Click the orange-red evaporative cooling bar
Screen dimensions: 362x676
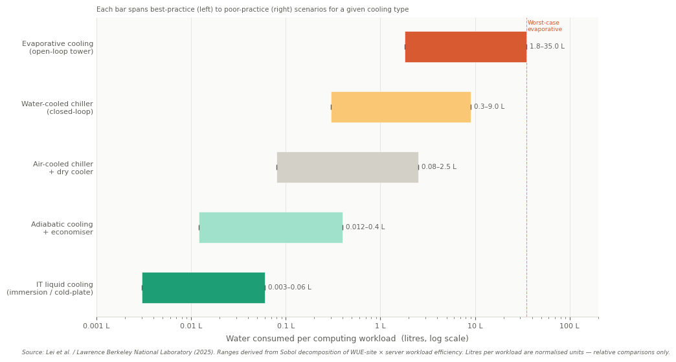pyautogui.click(x=466, y=47)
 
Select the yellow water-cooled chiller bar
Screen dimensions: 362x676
pyautogui.click(x=401, y=107)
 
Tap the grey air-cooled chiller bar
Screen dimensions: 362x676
pyautogui.click(x=347, y=167)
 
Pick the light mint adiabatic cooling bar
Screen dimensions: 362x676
pyautogui.click(x=271, y=227)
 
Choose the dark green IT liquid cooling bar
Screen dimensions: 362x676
pyautogui.click(x=203, y=288)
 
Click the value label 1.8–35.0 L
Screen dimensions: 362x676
pyautogui.click(x=546, y=47)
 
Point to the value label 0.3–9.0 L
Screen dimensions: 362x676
pyautogui.click(x=489, y=107)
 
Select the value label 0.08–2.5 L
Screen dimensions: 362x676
pyautogui.click(x=438, y=167)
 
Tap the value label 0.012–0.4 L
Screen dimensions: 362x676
pyautogui.click(x=365, y=227)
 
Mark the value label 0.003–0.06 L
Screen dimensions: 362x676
pyautogui.click(x=289, y=288)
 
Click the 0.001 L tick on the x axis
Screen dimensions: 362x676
pyautogui.click(x=96, y=326)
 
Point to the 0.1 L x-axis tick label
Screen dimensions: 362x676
pyautogui.click(x=286, y=326)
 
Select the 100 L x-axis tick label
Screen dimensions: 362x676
pyautogui.click(x=570, y=326)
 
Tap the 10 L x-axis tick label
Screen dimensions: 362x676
pyautogui.click(x=475, y=326)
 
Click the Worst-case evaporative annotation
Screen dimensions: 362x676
pyautogui.click(x=545, y=26)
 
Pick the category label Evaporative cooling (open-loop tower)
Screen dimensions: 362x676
pyautogui.click(x=58, y=47)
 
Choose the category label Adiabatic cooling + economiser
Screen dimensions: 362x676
pyautogui.click(x=62, y=228)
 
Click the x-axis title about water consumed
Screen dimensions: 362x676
pyautogui.click(x=347, y=339)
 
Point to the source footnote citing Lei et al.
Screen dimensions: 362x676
pyautogui.click(x=346, y=353)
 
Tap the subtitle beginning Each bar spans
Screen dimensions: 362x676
pyautogui.click(x=253, y=10)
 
